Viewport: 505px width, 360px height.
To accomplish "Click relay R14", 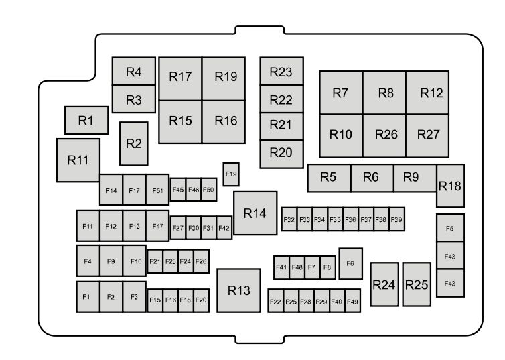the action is [255, 213].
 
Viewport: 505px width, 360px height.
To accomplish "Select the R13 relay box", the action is [238, 291].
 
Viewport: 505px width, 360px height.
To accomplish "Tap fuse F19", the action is [231, 174].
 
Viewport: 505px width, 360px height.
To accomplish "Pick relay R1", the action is [86, 120].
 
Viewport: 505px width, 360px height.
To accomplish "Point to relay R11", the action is [78, 160].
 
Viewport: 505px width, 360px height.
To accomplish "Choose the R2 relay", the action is [134, 143].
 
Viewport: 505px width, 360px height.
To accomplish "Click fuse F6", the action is [350, 263].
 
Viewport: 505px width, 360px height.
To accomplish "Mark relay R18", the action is [450, 186].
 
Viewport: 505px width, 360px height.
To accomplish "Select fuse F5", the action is [450, 227].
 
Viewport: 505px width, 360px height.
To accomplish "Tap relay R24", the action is [384, 285].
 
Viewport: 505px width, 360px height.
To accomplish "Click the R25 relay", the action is [417, 285].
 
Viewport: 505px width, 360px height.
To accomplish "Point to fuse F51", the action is [157, 190].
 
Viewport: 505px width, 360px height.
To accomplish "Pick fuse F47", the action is [157, 226].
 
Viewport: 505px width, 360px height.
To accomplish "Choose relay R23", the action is [282, 71].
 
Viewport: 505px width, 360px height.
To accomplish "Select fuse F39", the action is [396, 219].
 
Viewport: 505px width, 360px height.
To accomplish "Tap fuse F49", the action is [353, 301].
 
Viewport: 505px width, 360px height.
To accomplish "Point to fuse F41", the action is [281, 267].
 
